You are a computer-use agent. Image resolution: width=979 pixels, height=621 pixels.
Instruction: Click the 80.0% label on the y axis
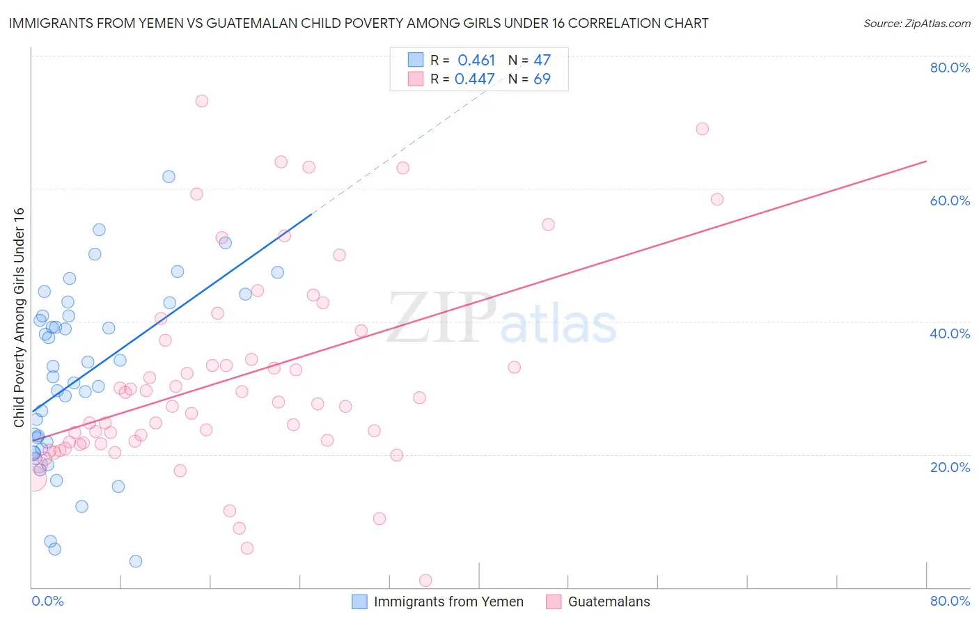pos(950,68)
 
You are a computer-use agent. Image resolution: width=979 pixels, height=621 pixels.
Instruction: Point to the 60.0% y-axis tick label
pos(950,201)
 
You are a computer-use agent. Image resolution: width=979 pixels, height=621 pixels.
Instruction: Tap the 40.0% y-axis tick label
pos(950,333)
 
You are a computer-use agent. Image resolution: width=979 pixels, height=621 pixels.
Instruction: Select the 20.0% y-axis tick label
pos(950,467)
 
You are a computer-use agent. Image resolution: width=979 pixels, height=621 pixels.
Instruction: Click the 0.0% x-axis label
pos(47,601)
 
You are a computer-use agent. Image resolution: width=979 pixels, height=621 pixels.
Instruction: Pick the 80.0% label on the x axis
pos(950,601)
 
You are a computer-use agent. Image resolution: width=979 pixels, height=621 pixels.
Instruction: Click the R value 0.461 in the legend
pos(476,61)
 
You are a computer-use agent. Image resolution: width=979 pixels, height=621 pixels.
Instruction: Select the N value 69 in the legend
pos(542,79)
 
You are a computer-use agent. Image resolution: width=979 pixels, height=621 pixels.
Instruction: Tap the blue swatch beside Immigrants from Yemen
pos(359,602)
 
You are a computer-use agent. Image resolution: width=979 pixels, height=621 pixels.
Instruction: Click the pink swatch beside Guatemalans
pos(554,602)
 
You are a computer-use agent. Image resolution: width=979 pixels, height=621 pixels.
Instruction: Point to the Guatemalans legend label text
pos(609,602)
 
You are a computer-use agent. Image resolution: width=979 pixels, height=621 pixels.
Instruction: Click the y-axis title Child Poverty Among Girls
pos(19,317)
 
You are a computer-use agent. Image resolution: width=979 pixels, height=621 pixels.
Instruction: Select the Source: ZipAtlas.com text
pos(916,24)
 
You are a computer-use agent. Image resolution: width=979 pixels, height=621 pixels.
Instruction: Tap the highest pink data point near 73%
pos(202,101)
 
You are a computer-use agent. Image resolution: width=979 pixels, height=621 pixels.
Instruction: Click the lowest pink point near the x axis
pos(425,581)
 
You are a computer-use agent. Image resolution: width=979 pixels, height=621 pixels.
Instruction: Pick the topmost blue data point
pos(169,177)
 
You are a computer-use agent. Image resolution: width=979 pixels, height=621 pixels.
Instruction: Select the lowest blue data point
pos(136,561)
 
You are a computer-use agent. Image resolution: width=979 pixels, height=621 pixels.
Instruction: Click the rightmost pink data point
pos(717,199)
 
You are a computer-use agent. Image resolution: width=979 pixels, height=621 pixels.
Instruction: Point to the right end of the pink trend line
pos(926,162)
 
